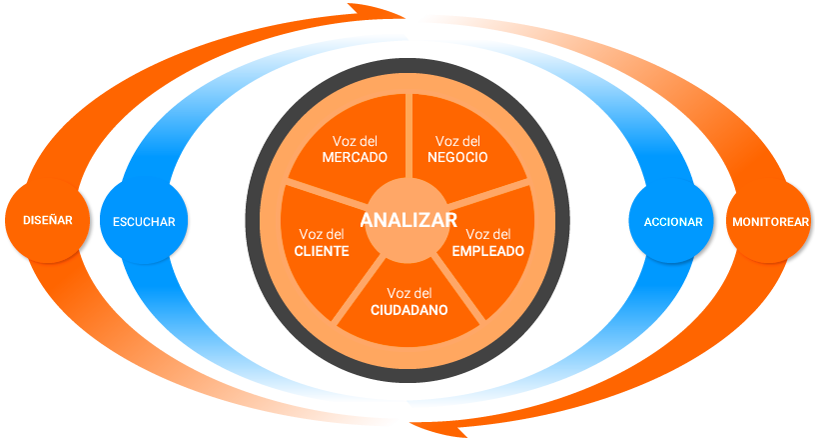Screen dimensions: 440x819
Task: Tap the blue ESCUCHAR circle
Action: (x=144, y=221)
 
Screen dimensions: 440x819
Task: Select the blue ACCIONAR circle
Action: (x=672, y=221)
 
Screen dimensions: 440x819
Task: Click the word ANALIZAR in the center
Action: (x=409, y=220)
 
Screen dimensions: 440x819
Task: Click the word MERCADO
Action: (x=355, y=158)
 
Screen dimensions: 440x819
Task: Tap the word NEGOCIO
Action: (x=457, y=158)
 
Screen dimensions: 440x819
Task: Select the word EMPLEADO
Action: (x=487, y=251)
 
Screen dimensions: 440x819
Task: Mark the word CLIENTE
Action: (x=322, y=251)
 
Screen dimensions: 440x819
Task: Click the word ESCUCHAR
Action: (x=144, y=221)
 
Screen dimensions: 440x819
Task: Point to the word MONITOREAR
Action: (x=769, y=221)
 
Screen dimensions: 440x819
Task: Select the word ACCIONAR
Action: (x=672, y=221)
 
